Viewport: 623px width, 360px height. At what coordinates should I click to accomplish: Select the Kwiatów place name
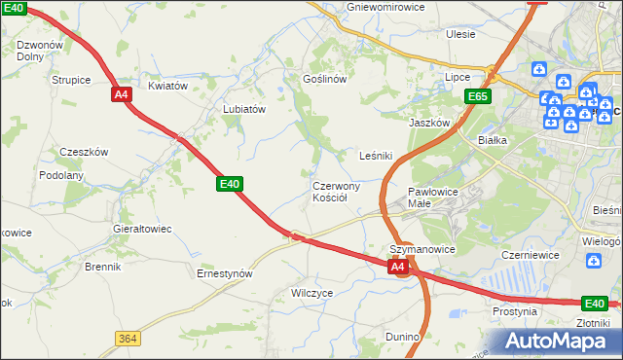(x=167, y=86)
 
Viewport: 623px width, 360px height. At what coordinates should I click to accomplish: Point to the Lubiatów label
(x=244, y=110)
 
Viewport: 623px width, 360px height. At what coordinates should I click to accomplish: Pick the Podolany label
(x=61, y=175)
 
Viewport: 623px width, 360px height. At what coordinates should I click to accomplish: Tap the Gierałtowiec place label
(x=142, y=229)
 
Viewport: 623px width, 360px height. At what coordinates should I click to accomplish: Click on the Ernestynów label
(x=225, y=273)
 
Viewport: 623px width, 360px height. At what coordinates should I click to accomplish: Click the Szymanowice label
(x=423, y=249)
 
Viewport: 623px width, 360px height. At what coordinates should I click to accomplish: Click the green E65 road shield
(x=477, y=96)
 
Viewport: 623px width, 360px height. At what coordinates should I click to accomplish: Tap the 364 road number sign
(x=127, y=338)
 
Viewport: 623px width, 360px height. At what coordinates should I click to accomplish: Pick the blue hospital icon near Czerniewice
(x=594, y=261)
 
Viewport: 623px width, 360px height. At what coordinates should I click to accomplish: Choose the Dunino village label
(x=402, y=337)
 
